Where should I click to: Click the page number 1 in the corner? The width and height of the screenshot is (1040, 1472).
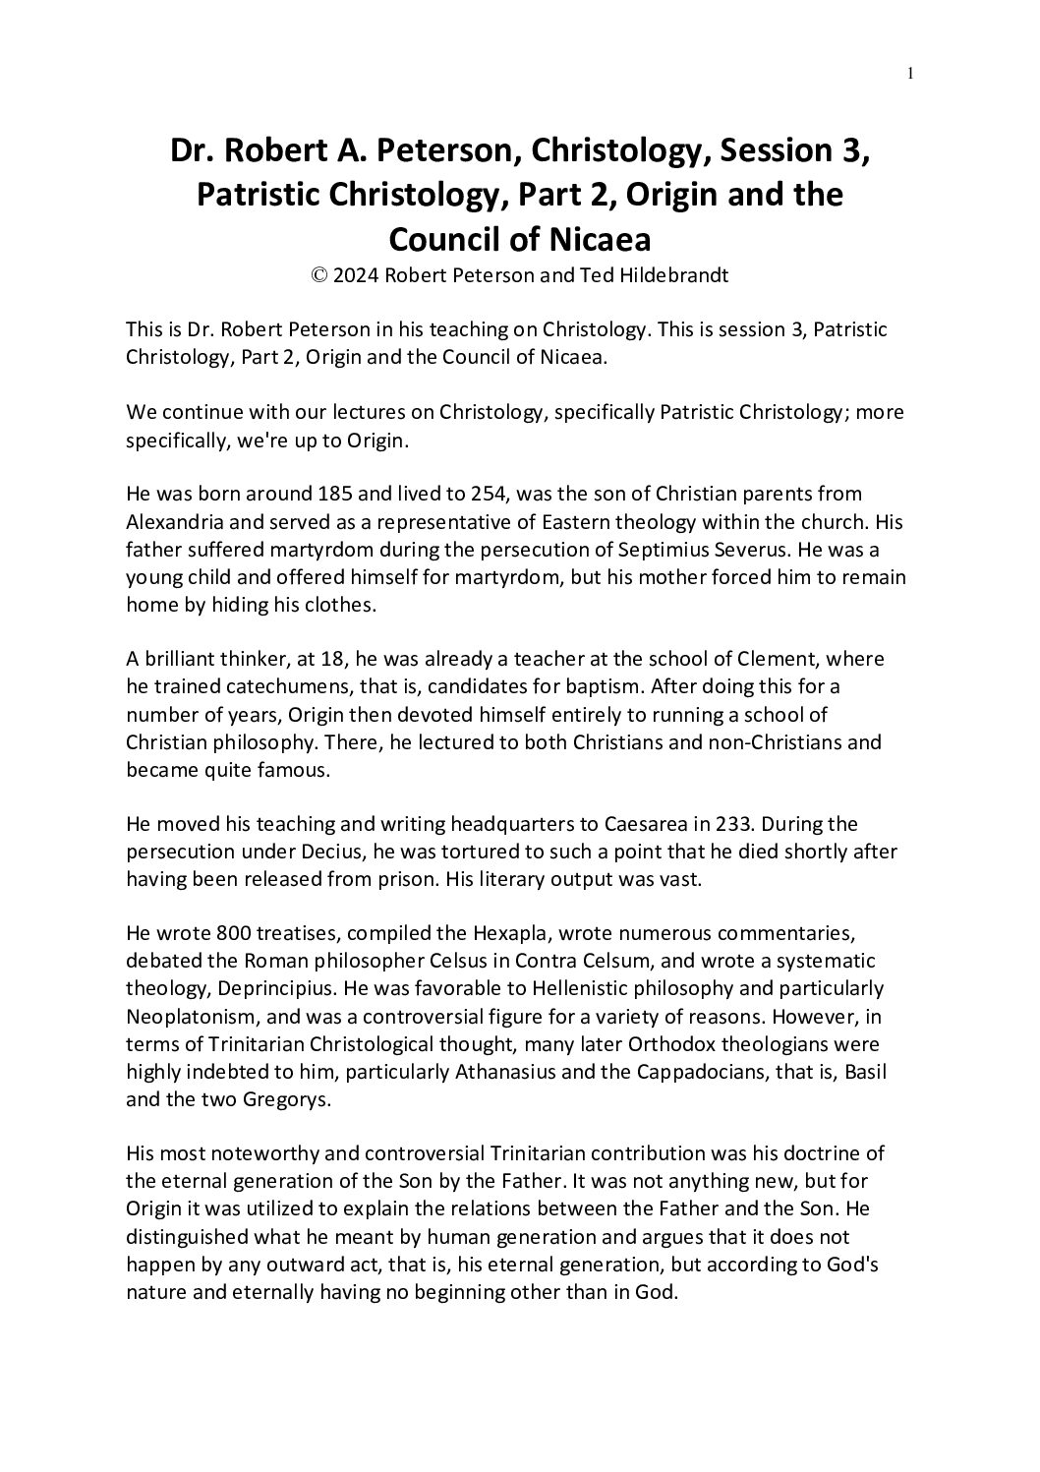(x=912, y=72)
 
